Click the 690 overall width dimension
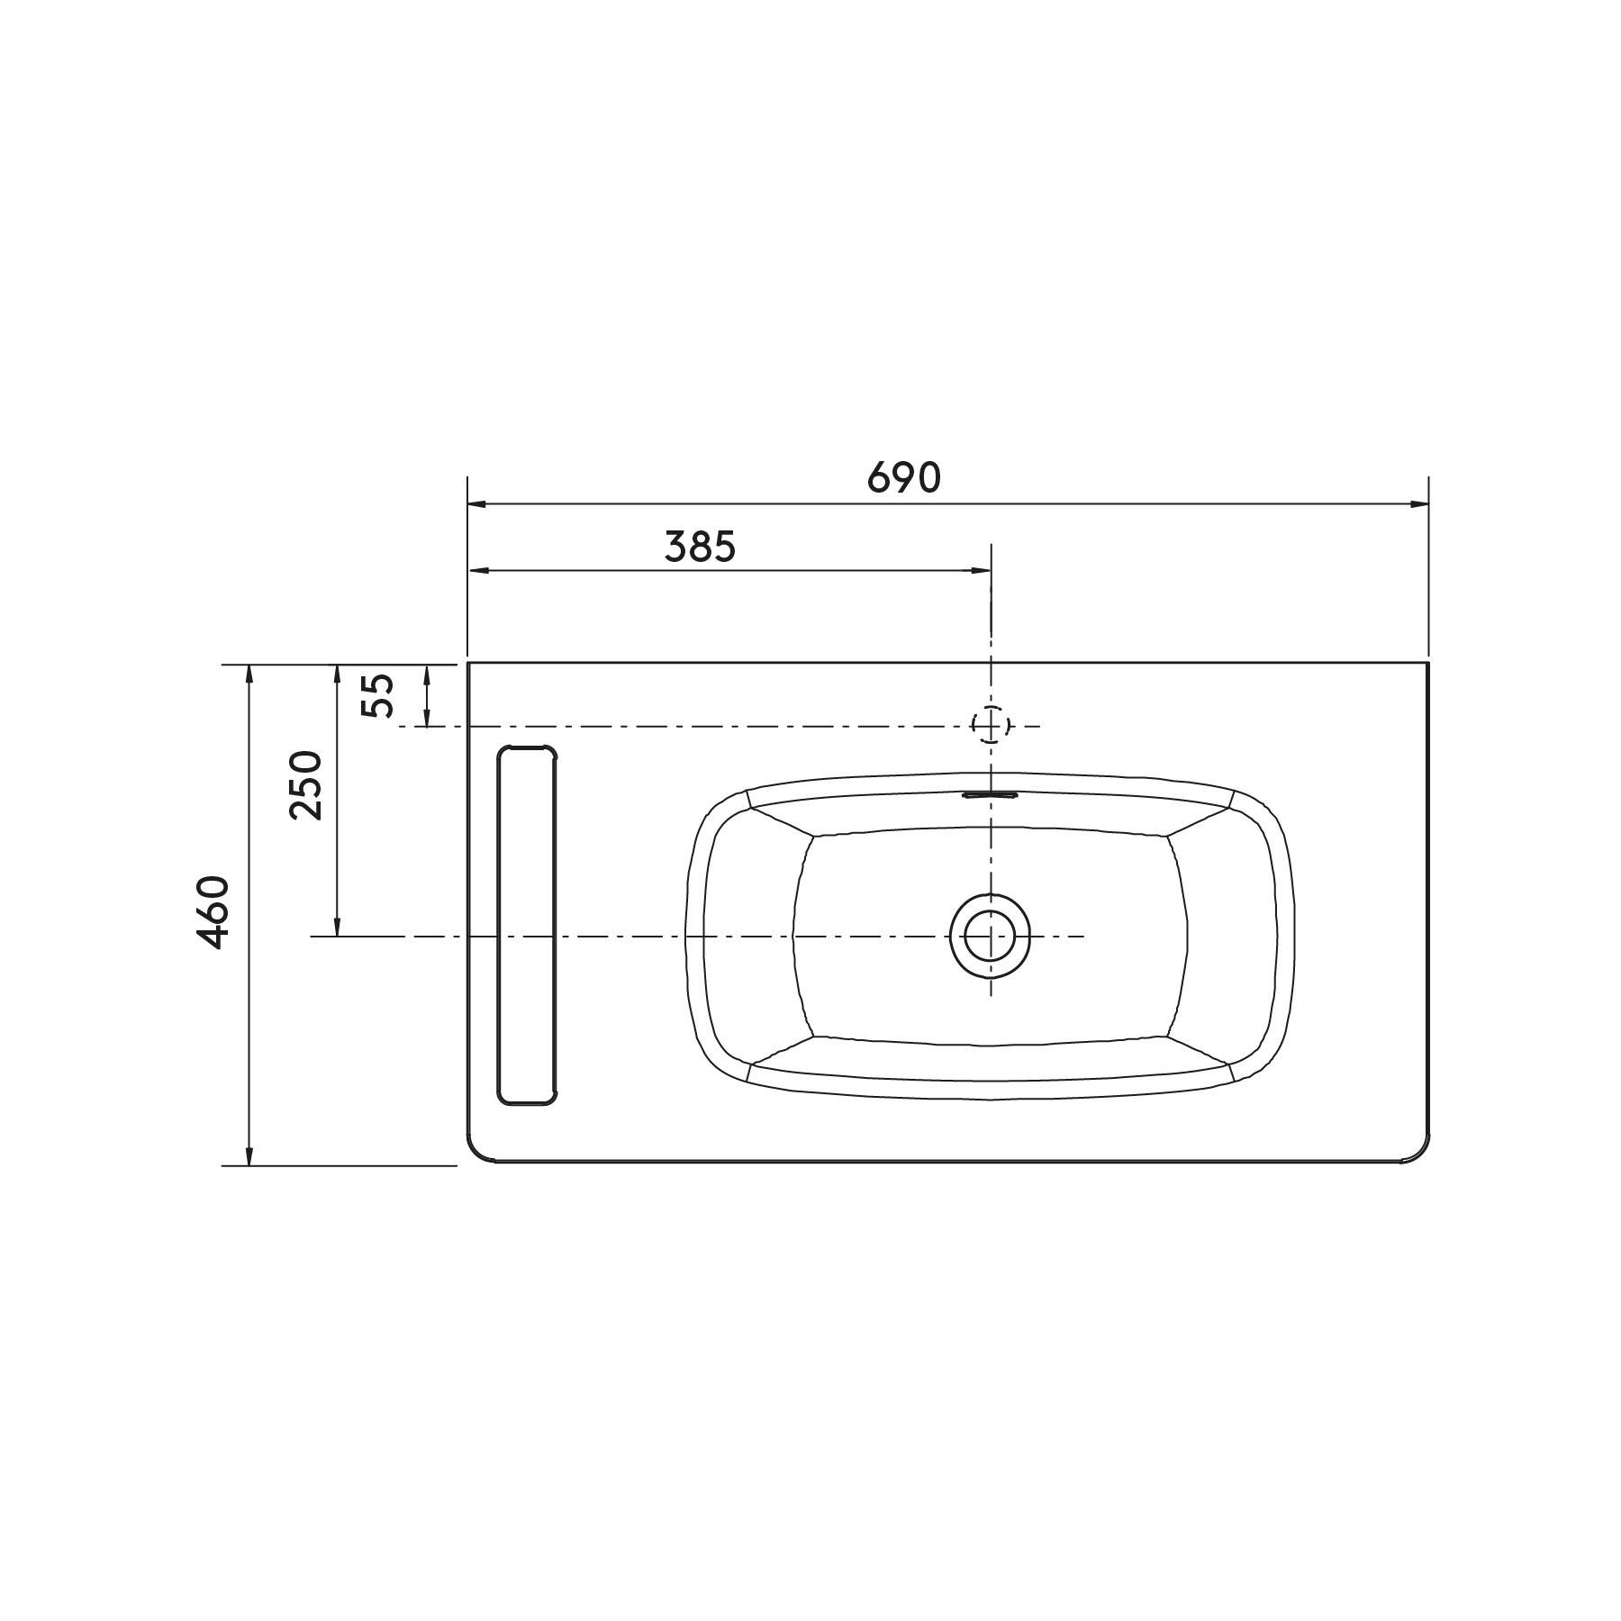(903, 477)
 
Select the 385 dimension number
(700, 546)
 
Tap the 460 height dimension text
(213, 911)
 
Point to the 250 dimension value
(305, 784)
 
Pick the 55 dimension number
(377, 695)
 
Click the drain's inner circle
(991, 937)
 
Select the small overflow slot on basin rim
(990, 794)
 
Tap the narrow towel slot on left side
(528, 925)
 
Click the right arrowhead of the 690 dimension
(1420, 504)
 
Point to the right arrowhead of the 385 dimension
(982, 570)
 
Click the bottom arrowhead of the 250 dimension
(338, 928)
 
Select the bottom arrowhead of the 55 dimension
(427, 717)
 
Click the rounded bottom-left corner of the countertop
(477, 1154)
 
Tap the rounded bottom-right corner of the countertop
(1419, 1154)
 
